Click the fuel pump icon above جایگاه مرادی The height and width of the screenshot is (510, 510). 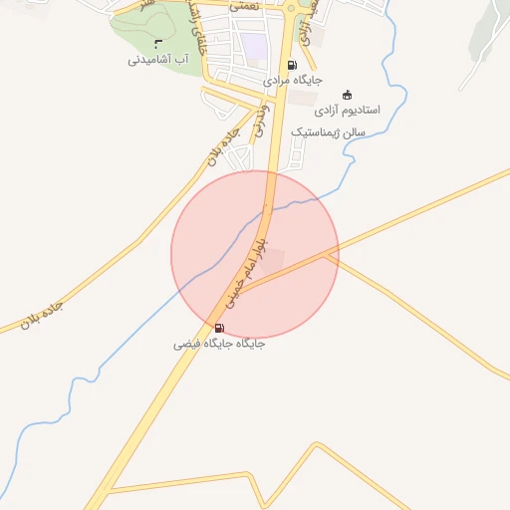tap(291, 65)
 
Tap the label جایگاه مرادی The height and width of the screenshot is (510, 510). tap(292, 80)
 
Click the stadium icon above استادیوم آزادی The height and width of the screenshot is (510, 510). tap(347, 95)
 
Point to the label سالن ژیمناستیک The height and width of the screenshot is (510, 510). tap(329, 131)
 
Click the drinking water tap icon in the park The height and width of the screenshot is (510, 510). tap(158, 42)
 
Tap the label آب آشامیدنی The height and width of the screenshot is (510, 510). tap(158, 60)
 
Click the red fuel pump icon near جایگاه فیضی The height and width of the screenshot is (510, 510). tap(219, 327)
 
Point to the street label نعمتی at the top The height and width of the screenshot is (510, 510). tap(243, 6)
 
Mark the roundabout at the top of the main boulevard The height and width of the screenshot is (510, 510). tap(292, 10)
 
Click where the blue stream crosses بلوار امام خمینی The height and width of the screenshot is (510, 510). tap(267, 208)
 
